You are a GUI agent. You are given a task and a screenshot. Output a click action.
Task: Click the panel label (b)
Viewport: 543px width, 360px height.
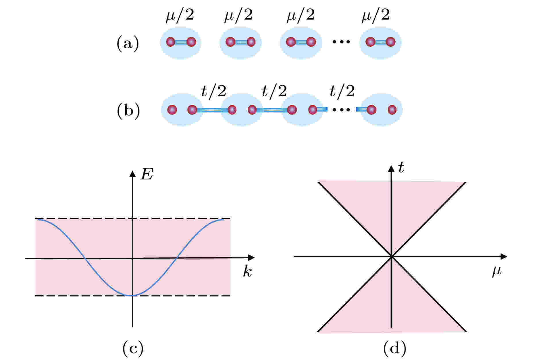(128, 111)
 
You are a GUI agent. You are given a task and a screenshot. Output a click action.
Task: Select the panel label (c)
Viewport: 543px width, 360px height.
(133, 348)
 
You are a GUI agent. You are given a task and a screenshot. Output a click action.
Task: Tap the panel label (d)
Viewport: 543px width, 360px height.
(395, 348)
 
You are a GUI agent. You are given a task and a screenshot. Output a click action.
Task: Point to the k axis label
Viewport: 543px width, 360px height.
(247, 271)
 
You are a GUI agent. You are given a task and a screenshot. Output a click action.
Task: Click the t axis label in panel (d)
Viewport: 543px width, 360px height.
(401, 168)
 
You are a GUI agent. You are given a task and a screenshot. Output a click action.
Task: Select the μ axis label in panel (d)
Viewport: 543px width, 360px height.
(497, 271)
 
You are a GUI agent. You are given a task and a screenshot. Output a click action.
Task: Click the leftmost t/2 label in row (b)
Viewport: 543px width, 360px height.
(213, 91)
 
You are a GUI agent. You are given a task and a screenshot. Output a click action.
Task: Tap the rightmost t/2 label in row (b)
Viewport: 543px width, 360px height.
(342, 91)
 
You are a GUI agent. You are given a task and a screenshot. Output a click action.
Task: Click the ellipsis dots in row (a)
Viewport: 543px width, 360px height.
(341, 42)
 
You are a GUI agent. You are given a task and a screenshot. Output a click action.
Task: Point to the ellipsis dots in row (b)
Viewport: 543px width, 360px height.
(341, 110)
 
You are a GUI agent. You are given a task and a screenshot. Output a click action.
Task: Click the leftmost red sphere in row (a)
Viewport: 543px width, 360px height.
(170, 42)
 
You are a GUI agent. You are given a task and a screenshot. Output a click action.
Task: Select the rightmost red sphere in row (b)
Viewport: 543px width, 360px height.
(392, 110)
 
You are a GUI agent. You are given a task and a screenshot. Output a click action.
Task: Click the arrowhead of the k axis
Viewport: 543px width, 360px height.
(252, 258)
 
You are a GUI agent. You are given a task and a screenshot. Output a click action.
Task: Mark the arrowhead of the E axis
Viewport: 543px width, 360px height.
(132, 173)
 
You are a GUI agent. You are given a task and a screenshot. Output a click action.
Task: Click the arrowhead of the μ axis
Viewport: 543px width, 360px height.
(504, 256)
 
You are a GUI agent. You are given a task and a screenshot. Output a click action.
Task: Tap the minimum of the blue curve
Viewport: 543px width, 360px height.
(132, 296)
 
